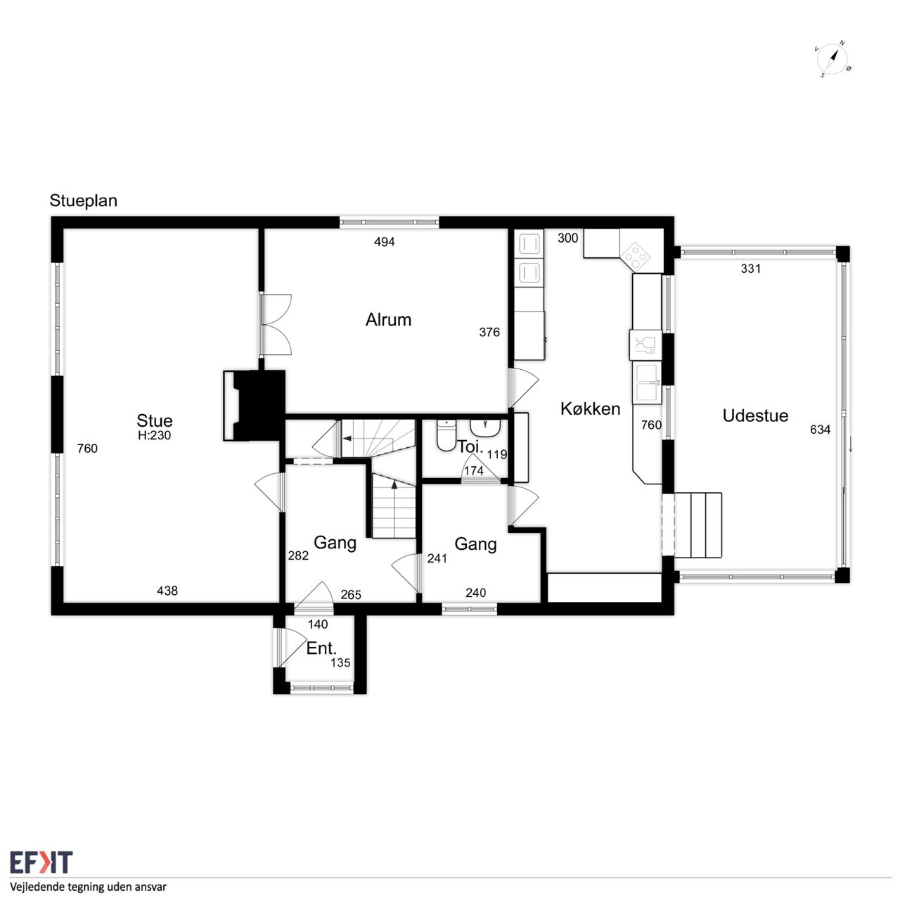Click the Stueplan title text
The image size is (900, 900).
point(83,201)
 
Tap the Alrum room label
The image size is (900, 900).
point(388,320)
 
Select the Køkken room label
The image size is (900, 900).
point(590,409)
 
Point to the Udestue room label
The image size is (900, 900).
point(755,416)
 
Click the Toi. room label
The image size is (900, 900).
point(470,446)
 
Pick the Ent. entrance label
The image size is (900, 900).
point(321,648)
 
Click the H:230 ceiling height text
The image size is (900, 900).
point(154,435)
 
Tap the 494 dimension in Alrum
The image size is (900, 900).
point(385,241)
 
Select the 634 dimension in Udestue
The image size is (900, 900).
point(820,430)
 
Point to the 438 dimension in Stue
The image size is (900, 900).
point(167,591)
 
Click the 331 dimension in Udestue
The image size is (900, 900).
point(750,269)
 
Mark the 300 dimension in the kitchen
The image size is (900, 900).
point(568,238)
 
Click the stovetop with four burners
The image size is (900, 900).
point(637,256)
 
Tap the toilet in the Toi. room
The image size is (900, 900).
point(446,435)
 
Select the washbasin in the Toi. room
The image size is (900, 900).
point(485,426)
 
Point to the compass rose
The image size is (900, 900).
point(832,60)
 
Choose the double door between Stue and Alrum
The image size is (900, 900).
point(276,325)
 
